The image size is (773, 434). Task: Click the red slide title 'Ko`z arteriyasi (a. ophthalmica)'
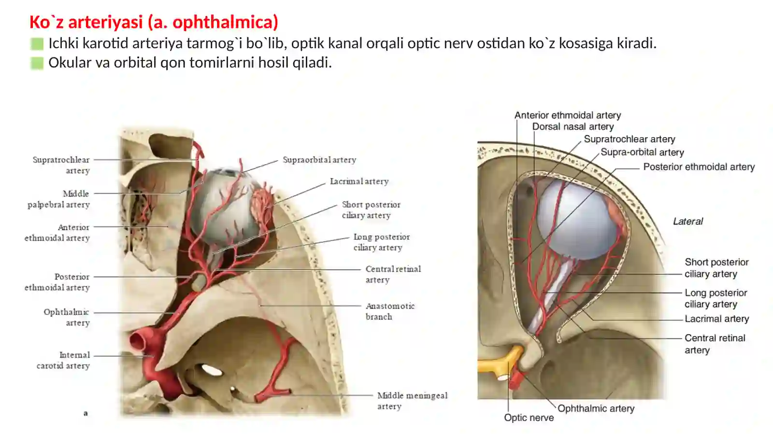pyautogui.click(x=154, y=22)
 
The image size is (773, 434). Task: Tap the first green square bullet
pyautogui.click(x=37, y=44)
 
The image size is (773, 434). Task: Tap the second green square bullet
pyautogui.click(x=37, y=63)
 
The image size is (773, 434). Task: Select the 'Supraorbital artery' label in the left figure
pyautogui.click(x=319, y=160)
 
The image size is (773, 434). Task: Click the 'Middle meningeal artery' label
pyautogui.click(x=413, y=401)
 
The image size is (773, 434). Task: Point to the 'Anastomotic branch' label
pyautogui.click(x=390, y=311)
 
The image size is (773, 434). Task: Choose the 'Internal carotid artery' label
pyautogui.click(x=63, y=360)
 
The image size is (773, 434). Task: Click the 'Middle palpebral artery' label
pyautogui.click(x=58, y=199)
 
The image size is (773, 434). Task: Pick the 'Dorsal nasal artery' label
pyautogui.click(x=573, y=126)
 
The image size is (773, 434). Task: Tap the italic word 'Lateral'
pyautogui.click(x=688, y=221)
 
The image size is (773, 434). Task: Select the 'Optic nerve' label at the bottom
pyautogui.click(x=529, y=418)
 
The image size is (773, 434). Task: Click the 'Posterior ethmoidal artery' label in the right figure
pyautogui.click(x=699, y=167)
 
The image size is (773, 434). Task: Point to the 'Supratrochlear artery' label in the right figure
pyautogui.click(x=630, y=139)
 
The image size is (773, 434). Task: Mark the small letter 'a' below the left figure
pyautogui.click(x=86, y=413)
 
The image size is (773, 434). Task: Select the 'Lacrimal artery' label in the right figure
pyautogui.click(x=717, y=319)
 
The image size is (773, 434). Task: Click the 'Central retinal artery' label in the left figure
pyautogui.click(x=393, y=274)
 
